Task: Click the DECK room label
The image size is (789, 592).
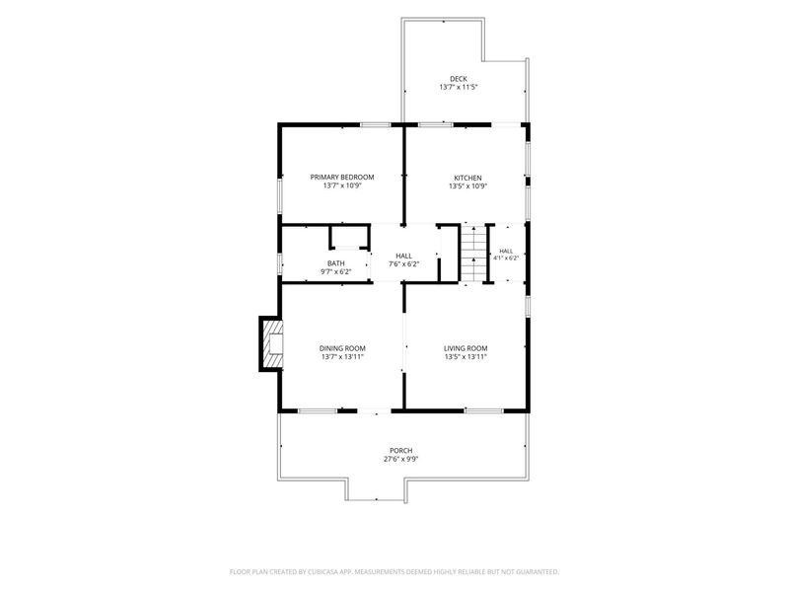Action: coord(459,79)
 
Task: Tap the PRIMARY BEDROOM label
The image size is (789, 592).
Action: coord(342,178)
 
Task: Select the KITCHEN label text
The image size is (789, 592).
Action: coord(467,178)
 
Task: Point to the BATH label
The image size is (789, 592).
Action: coord(336,263)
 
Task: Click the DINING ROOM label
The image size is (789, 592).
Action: coord(342,348)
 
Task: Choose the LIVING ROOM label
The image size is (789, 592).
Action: coord(466,348)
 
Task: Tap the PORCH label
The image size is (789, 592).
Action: coord(401,451)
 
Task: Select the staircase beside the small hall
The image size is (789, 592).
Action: coord(473,254)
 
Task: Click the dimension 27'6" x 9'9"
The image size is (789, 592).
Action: coord(401,459)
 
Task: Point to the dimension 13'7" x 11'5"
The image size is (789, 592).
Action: coord(459,87)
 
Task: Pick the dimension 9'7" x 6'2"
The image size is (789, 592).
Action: coord(336,272)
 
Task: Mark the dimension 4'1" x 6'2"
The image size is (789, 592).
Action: coord(506,258)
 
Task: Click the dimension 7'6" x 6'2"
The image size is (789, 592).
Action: coord(403,264)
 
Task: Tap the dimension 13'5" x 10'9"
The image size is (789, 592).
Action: coord(467,186)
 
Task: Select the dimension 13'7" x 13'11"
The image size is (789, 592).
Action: coord(342,357)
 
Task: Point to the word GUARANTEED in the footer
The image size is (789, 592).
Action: coord(538,572)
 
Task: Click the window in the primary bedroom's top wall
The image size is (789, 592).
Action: coord(376,124)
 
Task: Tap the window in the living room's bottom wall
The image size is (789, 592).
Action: coord(483,410)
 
